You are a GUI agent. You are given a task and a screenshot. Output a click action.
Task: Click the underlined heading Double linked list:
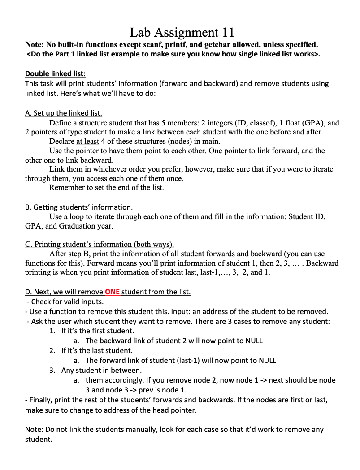55,73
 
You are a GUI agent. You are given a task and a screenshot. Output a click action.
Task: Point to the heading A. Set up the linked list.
64,113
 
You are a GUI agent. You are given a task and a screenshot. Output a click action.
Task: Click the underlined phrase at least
87,142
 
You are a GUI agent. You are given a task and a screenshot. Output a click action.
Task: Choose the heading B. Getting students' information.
79,207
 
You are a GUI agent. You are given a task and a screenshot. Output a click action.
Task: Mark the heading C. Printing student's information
100,245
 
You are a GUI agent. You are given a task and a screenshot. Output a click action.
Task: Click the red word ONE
112,292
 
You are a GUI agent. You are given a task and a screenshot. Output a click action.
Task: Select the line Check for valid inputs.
67,302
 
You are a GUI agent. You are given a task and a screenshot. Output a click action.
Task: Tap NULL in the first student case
254,341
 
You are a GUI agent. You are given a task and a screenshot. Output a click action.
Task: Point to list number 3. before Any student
52,370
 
